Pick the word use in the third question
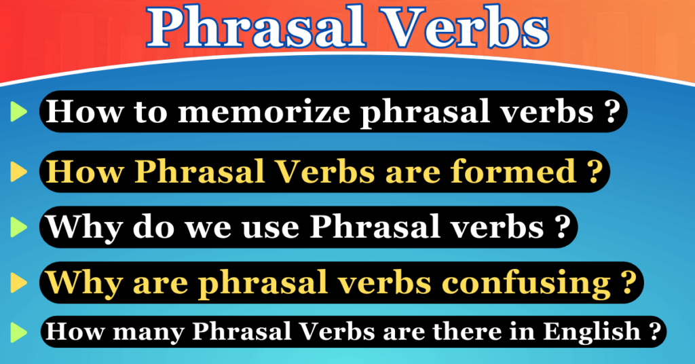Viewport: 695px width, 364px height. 278,226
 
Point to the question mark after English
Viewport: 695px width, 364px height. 654,332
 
